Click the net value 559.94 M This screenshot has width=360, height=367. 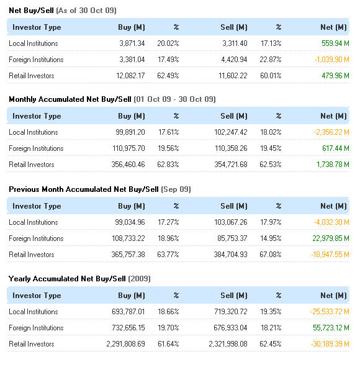[x=335, y=43]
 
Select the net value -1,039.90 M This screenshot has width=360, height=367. [x=332, y=60]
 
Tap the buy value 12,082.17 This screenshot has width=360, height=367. [x=130, y=76]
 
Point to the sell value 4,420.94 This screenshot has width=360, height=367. [x=234, y=60]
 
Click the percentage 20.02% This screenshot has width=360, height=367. [x=168, y=43]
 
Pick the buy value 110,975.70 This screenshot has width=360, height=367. [x=128, y=148]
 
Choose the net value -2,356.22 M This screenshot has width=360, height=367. [x=331, y=132]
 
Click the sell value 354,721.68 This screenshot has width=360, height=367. [x=231, y=165]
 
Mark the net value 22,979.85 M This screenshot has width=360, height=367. [x=331, y=238]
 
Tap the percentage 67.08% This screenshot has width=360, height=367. [x=271, y=255]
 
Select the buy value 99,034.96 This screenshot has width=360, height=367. [x=130, y=222]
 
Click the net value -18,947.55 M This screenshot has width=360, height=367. [x=330, y=255]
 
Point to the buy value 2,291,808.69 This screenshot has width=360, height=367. [x=125, y=344]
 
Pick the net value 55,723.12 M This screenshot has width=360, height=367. [x=331, y=328]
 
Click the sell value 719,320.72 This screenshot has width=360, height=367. [x=231, y=312]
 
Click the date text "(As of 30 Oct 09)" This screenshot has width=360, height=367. [x=86, y=11]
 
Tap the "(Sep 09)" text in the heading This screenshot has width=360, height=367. [x=176, y=189]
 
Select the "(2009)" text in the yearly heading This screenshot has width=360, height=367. [x=140, y=279]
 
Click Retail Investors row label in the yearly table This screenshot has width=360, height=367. [x=32, y=344]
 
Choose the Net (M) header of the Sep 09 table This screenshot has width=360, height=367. [x=333, y=206]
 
